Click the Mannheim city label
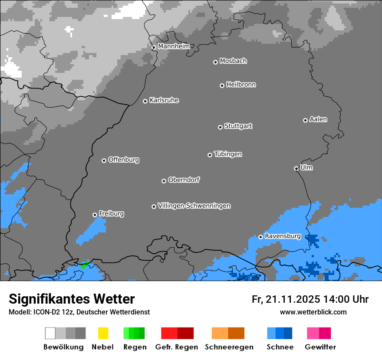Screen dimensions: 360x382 174,46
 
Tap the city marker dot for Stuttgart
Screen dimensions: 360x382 220,127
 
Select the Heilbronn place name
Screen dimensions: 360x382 241,85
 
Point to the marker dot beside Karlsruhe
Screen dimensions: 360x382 145,101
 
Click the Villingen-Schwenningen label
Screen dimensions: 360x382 194,206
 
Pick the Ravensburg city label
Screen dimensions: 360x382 283,236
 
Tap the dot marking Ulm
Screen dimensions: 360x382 296,168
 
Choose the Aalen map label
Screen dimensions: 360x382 318,119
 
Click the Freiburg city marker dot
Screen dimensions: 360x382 95,215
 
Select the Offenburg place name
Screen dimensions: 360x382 124,160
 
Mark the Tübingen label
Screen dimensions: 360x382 228,154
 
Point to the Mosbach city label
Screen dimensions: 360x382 233,61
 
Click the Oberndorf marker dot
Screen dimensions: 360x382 164,181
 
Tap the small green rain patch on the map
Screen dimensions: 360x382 84,264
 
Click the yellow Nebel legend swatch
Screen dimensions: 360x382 103,333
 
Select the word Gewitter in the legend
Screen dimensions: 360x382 320,347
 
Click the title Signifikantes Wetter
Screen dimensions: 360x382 72,299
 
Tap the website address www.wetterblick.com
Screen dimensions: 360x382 313,312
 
